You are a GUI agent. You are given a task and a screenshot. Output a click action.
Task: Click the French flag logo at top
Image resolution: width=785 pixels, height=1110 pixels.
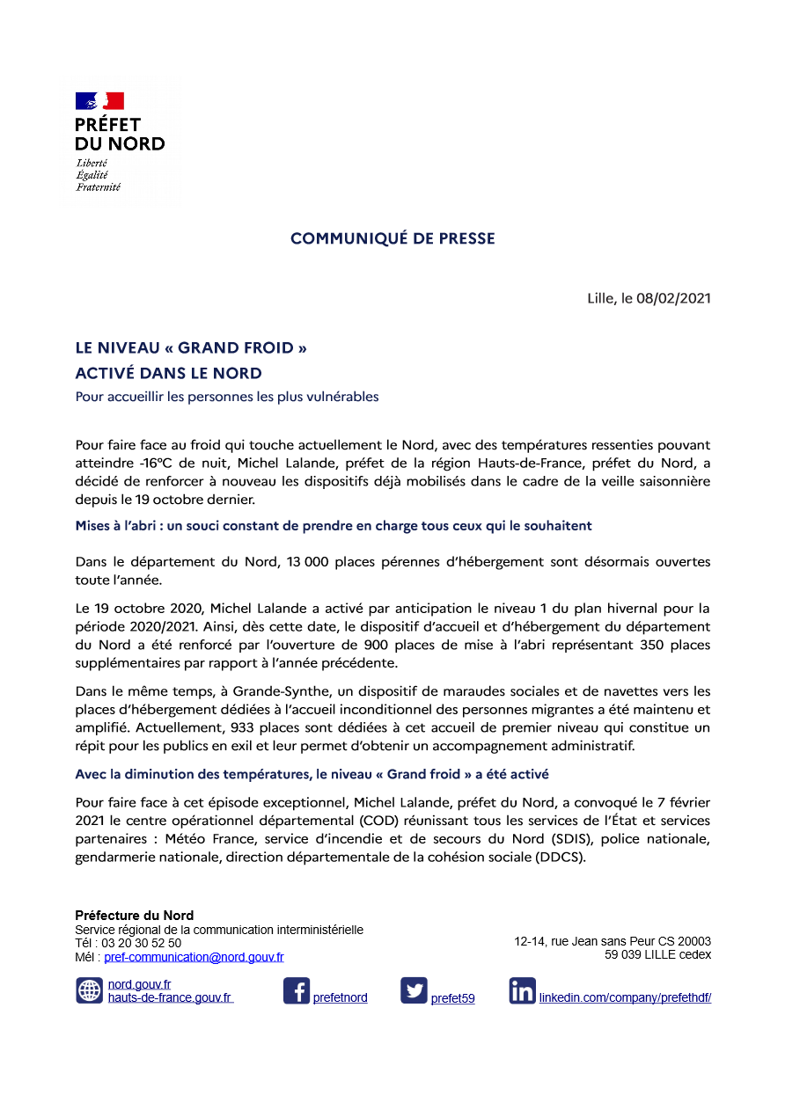99,101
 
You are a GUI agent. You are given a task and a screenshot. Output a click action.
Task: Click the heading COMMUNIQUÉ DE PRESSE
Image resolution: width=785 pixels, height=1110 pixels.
392,238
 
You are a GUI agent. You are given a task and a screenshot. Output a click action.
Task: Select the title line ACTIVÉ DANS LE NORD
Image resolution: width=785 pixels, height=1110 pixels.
169,373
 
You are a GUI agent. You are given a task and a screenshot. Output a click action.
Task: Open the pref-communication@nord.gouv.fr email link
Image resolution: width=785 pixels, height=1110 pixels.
194,957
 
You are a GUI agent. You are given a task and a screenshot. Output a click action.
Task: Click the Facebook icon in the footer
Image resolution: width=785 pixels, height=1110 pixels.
297,991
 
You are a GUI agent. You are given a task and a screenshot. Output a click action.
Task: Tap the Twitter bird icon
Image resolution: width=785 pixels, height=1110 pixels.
414,991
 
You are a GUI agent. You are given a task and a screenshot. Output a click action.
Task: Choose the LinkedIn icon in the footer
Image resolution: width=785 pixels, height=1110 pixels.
522,991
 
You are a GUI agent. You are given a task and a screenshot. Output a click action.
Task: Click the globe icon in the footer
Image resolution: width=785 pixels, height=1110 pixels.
90,991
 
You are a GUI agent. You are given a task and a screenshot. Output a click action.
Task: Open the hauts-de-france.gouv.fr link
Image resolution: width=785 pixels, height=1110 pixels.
170,997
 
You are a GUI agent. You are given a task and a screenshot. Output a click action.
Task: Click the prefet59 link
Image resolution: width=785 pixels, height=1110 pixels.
452,998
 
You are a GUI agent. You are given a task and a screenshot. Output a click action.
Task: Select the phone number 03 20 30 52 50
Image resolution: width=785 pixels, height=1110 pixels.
142,943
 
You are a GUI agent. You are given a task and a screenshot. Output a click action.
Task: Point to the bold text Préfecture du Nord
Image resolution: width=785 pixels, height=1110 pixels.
134,916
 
